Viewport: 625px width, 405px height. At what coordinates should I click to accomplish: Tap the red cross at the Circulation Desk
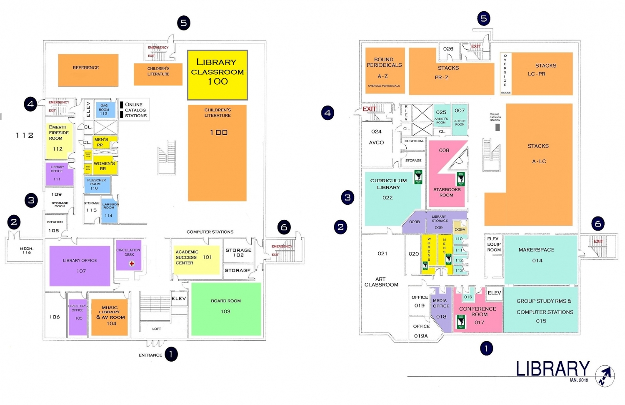[132, 264]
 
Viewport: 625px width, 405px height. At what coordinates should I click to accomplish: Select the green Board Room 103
[226, 309]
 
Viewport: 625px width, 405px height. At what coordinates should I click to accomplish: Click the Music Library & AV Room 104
[110, 317]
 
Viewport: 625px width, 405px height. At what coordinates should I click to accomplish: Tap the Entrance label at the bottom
[150, 355]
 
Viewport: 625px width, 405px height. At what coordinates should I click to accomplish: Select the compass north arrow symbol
[605, 375]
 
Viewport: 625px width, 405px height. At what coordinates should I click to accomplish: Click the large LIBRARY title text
[552, 369]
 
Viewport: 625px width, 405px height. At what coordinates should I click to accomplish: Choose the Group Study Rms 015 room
[541, 311]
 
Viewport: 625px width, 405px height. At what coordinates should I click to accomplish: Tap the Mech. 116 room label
[27, 250]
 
